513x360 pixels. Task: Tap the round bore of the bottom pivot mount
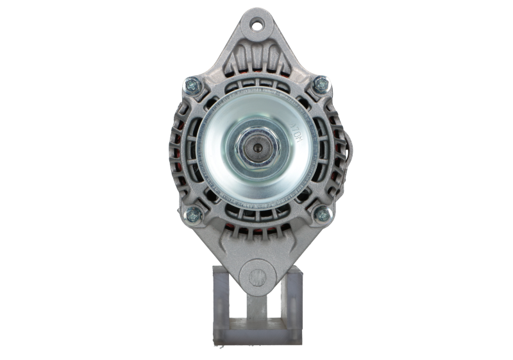click(x=256, y=277)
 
